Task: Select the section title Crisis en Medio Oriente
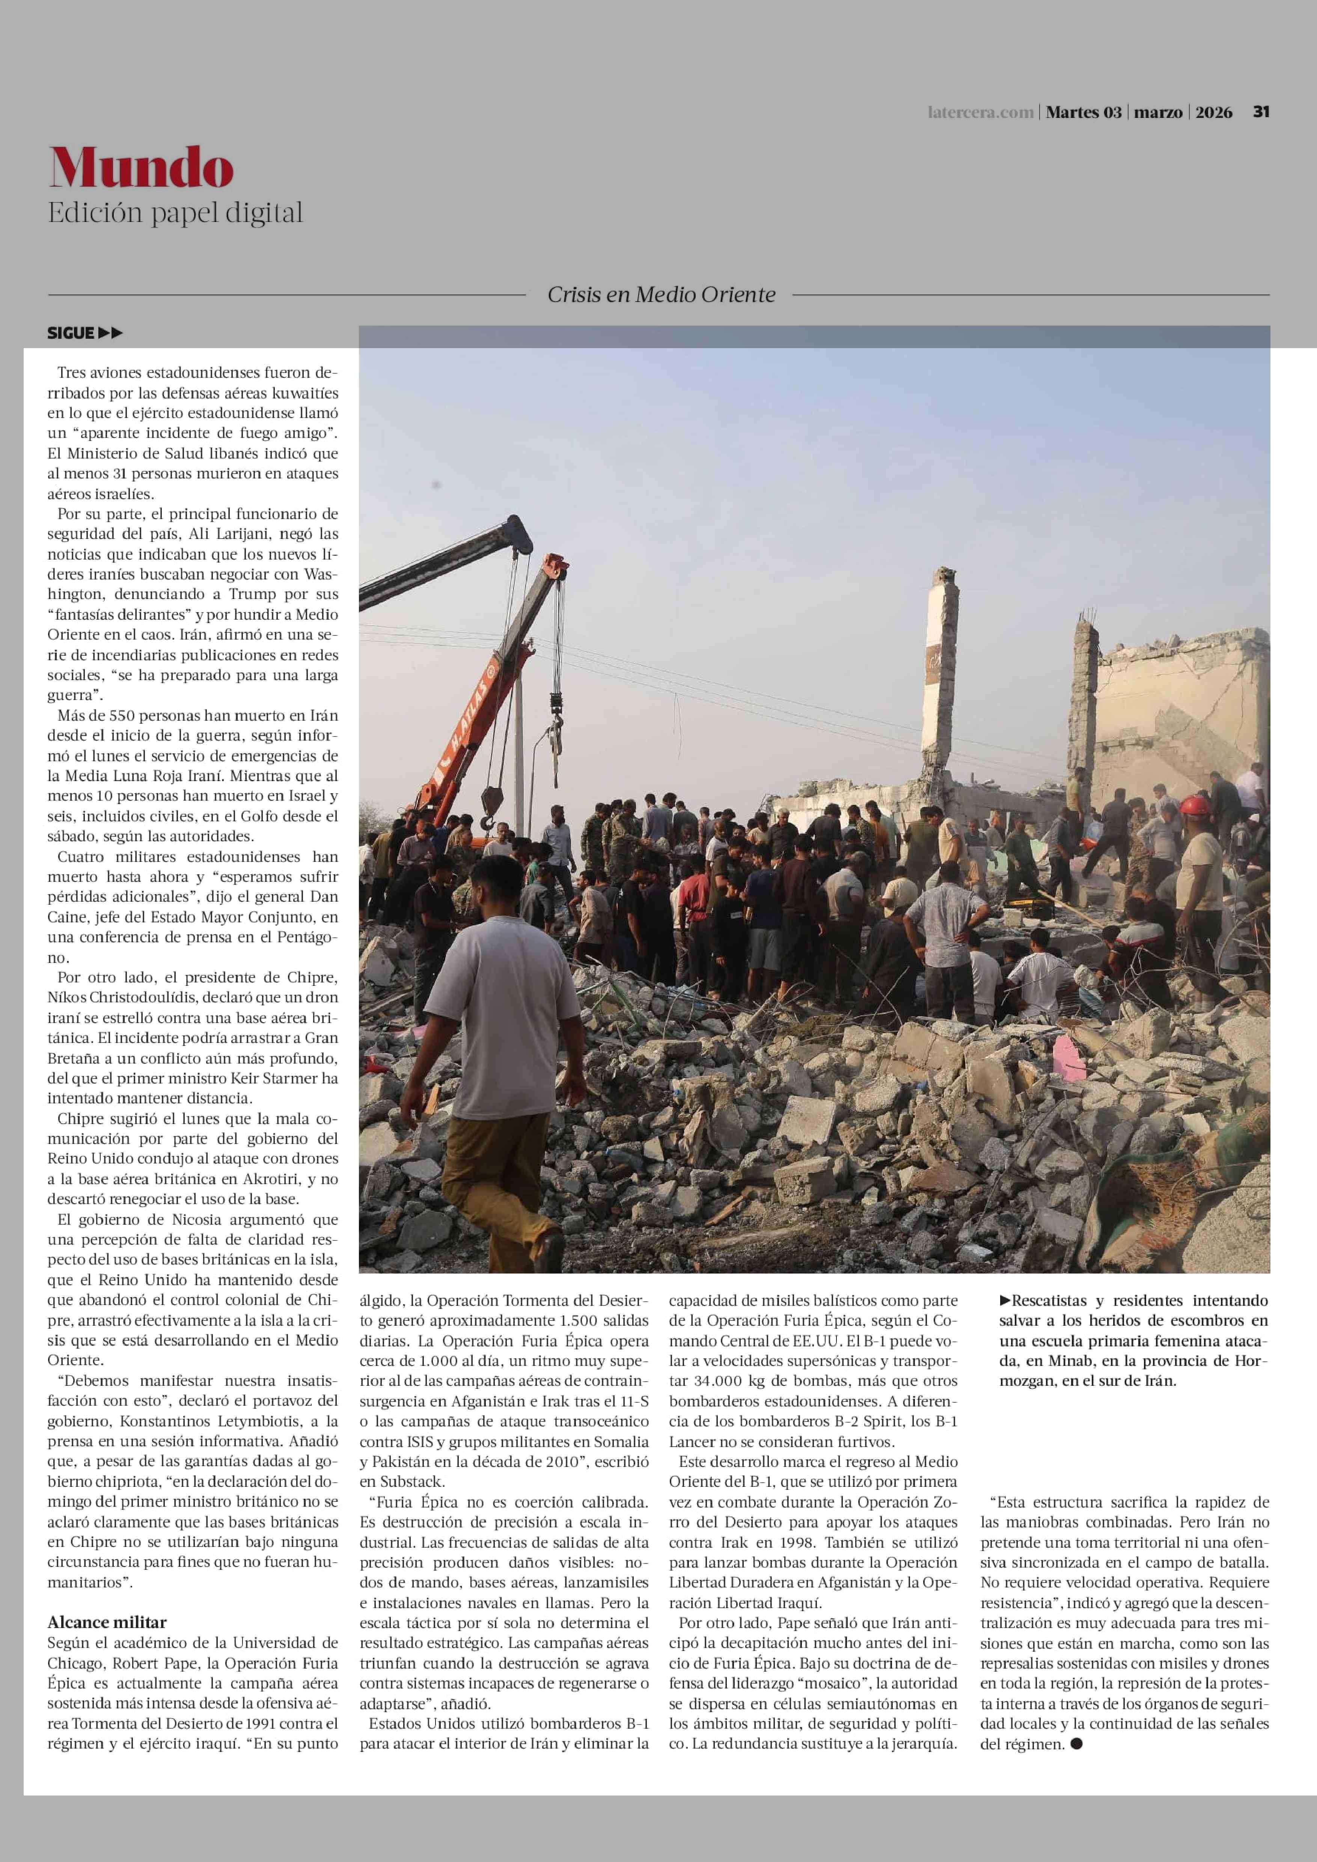coord(661,294)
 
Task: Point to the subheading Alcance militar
coord(107,1622)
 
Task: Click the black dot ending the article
coord(1077,1744)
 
